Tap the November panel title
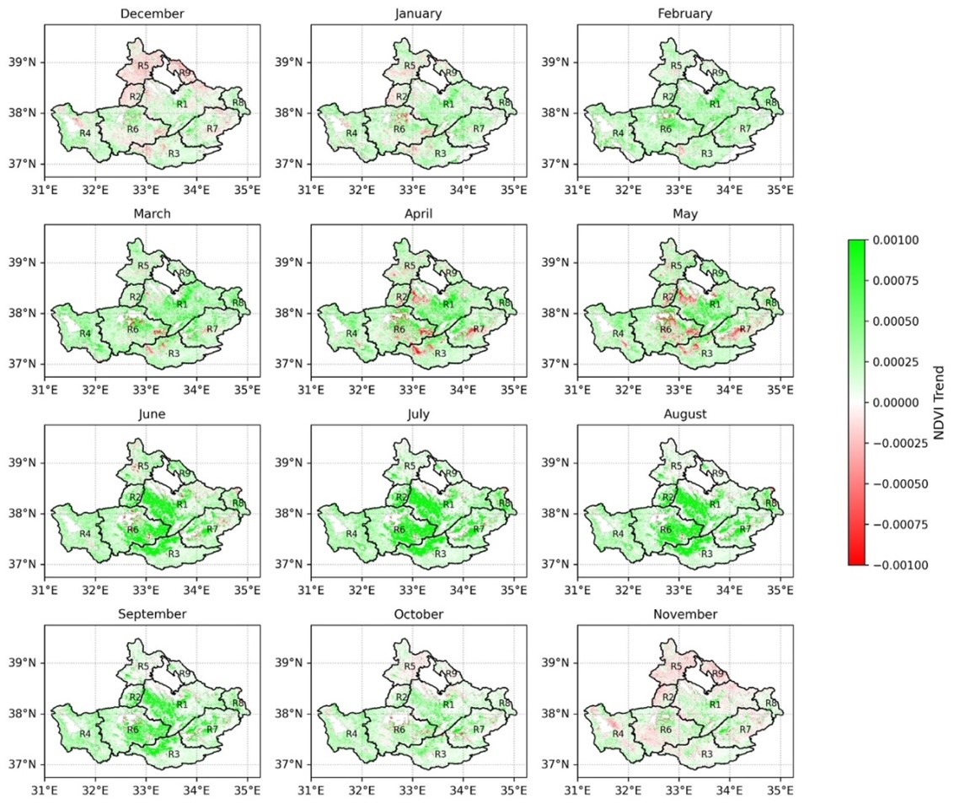pos(685,614)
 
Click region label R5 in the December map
pos(143,66)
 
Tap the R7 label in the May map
pos(745,328)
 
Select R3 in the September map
pos(174,753)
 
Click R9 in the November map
pos(718,674)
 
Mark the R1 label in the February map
pos(715,104)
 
